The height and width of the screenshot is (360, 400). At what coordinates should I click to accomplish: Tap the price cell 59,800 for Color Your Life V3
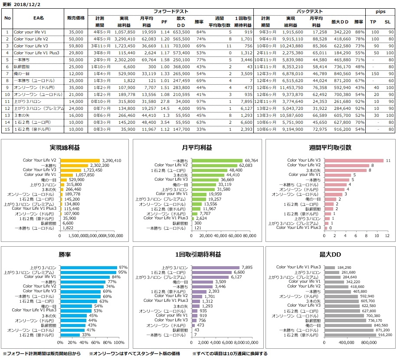pos(76,46)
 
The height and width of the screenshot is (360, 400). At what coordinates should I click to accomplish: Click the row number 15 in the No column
pos(7,129)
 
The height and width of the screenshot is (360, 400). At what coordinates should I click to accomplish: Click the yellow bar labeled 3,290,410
pos(80,160)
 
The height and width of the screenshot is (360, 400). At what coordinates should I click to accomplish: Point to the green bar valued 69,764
pos(215,160)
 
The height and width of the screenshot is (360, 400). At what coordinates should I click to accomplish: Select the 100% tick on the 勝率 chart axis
pos(118,342)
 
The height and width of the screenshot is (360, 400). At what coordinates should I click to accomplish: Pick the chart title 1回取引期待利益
pos(198,254)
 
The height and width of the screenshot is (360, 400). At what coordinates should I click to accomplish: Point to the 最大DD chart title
pos(331,254)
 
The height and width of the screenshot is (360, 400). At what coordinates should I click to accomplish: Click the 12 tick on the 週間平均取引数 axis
pos(387,235)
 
